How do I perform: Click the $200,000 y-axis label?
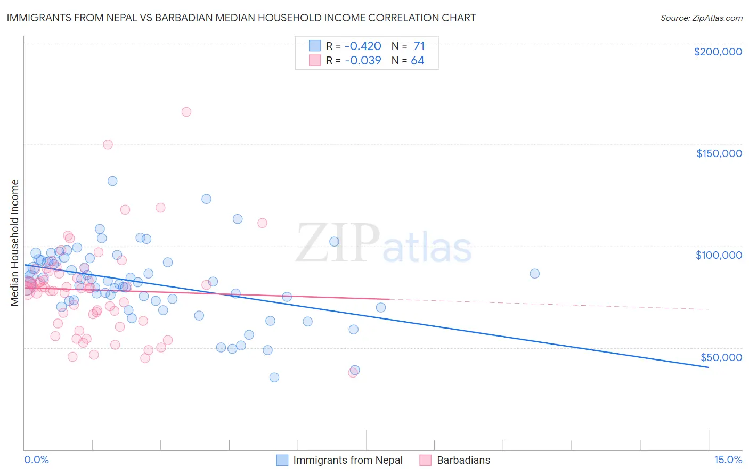click(718, 52)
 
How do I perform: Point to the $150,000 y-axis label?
click(719, 153)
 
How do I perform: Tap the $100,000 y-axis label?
click(719, 255)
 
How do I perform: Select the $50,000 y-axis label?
click(721, 357)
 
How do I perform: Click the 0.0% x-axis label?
click(36, 460)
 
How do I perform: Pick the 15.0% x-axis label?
click(728, 460)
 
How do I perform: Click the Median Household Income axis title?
click(14, 243)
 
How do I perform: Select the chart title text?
click(241, 18)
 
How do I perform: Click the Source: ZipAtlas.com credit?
click(701, 18)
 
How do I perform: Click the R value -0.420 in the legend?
click(363, 46)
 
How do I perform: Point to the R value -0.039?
click(363, 60)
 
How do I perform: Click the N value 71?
click(419, 46)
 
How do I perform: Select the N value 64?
click(418, 60)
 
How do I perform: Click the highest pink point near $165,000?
click(186, 112)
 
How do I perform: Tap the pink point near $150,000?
click(108, 144)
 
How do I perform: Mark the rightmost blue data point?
click(534, 273)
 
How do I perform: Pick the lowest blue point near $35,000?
click(274, 377)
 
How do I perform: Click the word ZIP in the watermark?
click(337, 243)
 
